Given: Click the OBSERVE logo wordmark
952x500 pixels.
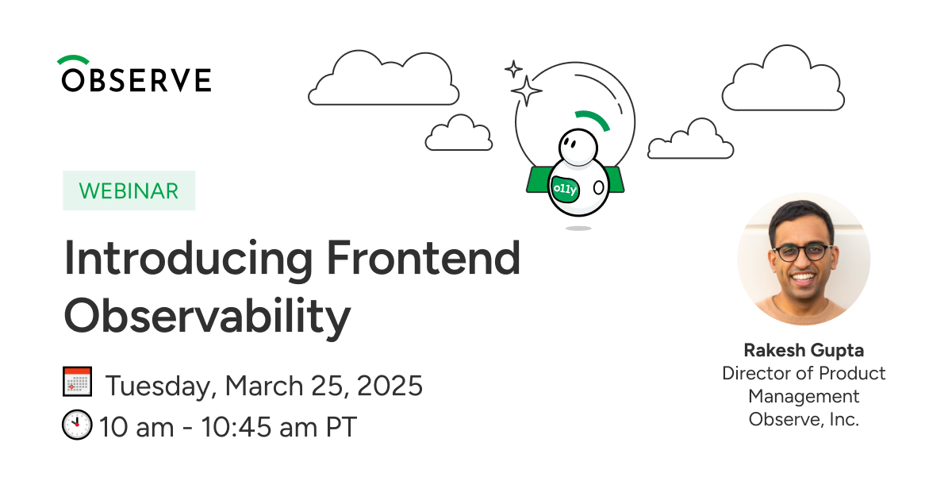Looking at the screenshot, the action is click(136, 79).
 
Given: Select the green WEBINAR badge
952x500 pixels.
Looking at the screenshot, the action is click(129, 190).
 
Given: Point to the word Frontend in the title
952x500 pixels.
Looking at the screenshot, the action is click(424, 258).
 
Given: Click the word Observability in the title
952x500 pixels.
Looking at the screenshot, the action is click(207, 317).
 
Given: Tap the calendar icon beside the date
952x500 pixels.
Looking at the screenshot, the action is click(78, 382).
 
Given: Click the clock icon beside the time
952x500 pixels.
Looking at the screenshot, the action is click(77, 425).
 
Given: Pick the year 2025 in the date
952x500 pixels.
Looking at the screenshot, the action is click(390, 386).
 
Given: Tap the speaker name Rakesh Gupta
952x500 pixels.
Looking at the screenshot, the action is click(804, 351).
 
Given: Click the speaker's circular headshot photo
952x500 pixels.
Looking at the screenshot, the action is click(804, 259).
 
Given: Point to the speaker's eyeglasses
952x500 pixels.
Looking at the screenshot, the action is click(802, 252).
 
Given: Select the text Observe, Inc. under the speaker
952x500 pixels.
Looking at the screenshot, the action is click(804, 420).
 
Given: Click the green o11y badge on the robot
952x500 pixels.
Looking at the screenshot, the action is click(565, 189).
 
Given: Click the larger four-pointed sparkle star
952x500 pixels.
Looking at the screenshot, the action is click(526, 90).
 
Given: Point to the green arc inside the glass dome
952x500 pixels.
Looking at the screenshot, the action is click(593, 120).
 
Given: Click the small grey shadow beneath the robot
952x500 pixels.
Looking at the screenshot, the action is click(578, 229).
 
